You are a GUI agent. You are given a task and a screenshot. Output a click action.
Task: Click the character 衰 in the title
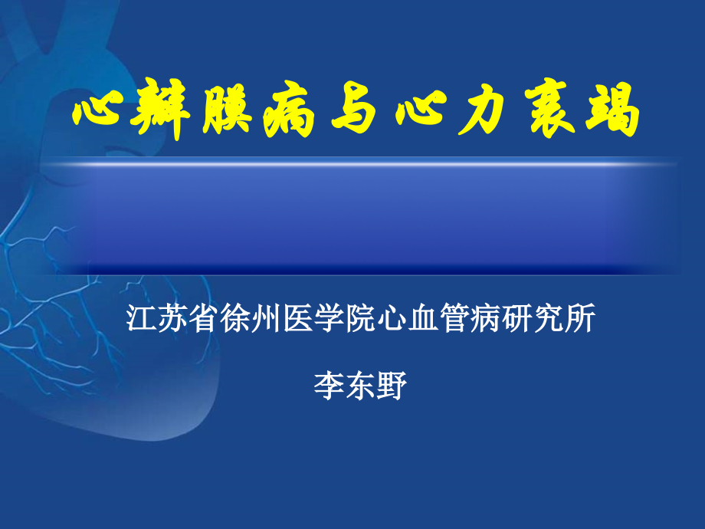coord(549,114)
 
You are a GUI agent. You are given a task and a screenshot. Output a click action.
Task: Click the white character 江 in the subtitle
coord(141,318)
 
